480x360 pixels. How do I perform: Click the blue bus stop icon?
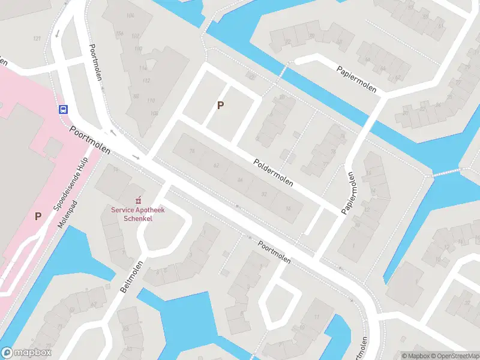point(62,109)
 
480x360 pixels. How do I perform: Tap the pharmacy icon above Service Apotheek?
point(139,200)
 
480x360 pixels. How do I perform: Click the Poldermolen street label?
point(273,172)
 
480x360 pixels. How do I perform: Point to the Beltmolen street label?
point(132,277)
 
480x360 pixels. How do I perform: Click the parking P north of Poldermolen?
point(221,106)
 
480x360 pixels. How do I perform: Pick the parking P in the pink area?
point(38,216)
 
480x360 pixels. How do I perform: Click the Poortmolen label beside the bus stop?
point(90,140)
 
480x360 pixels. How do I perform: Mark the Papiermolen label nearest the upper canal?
point(356,79)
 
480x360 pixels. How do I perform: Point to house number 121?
point(37,39)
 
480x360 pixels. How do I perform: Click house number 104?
point(130,15)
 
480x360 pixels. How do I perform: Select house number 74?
point(192,151)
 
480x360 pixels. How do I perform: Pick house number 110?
point(151,100)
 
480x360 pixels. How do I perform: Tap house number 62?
point(216,166)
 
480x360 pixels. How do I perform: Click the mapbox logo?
point(26,353)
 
